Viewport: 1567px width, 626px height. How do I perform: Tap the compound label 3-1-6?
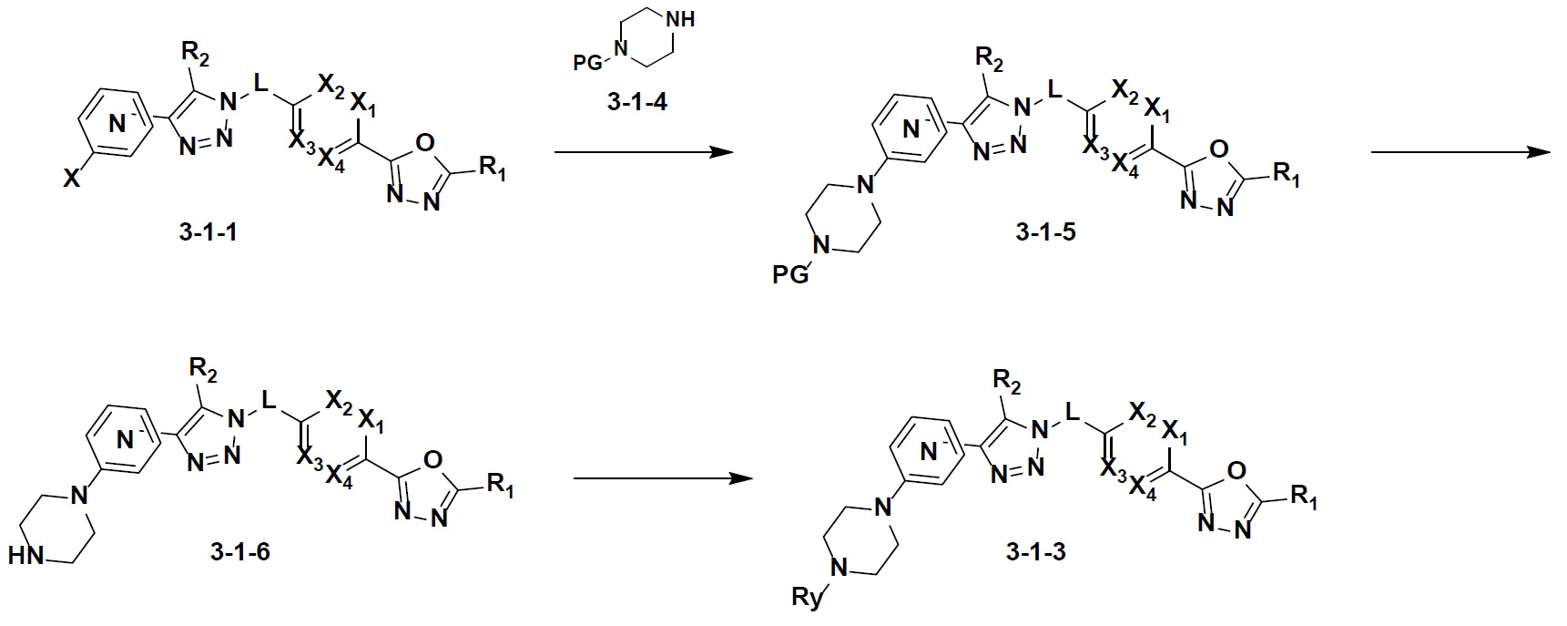(237, 552)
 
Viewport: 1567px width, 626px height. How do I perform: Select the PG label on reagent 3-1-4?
(587, 63)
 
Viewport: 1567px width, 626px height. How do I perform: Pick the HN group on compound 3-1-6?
(25, 554)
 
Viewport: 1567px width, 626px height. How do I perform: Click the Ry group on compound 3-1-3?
(807, 599)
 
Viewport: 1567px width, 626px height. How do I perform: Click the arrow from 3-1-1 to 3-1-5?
(644, 152)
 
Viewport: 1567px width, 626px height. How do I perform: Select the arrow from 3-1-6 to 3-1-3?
(663, 477)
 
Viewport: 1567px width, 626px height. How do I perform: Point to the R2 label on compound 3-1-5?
(990, 65)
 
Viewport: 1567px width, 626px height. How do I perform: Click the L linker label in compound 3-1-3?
(1073, 414)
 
